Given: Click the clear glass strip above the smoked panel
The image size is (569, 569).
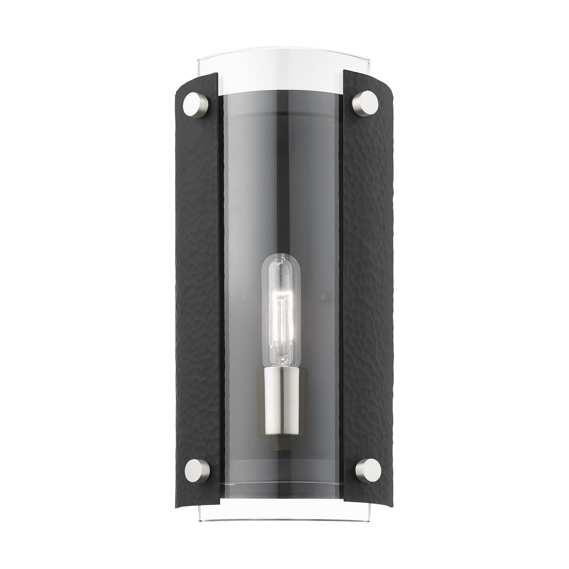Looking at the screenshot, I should pyautogui.click(x=281, y=69).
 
